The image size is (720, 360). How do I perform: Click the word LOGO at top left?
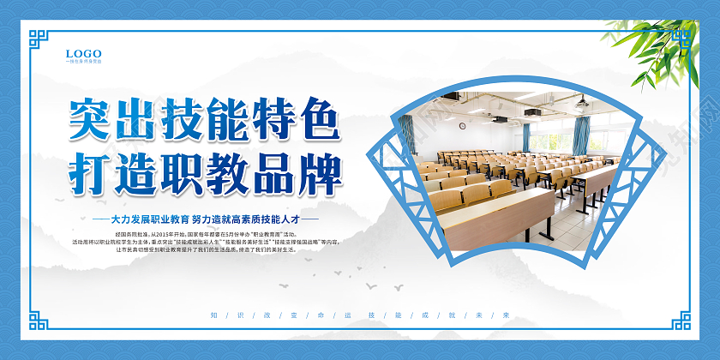coord(83,53)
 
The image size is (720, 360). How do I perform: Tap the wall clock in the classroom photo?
coord(462,126)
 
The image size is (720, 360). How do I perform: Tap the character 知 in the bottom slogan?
coord(213,315)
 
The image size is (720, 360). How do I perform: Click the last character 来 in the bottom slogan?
coord(507,315)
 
